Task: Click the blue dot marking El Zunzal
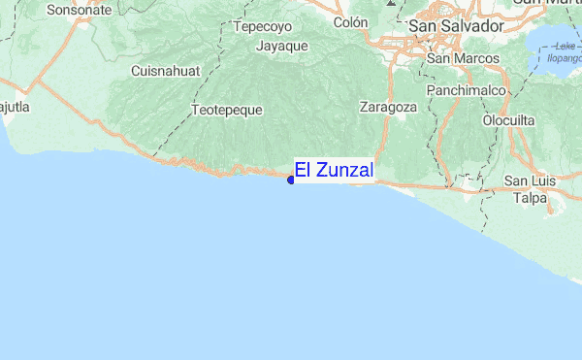(291, 180)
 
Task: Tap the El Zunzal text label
(334, 171)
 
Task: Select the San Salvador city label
(456, 26)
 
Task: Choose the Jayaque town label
(282, 46)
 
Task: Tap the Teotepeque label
(228, 110)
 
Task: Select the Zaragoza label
(388, 107)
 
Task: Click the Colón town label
(350, 22)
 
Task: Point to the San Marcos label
(464, 59)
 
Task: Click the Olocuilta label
(510, 120)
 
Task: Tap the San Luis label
(529, 181)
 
